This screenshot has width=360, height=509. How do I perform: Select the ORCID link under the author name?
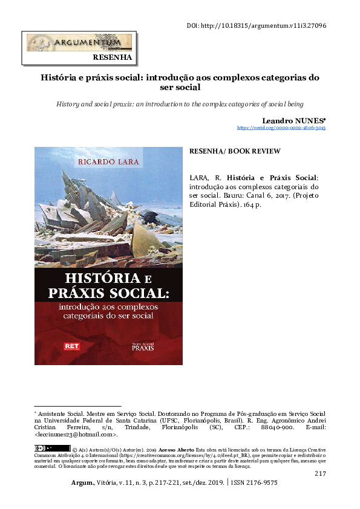(x=281, y=128)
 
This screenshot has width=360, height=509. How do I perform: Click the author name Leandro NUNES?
(x=294, y=120)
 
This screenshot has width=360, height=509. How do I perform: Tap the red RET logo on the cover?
(x=72, y=347)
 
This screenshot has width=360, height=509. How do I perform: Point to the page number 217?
(x=320, y=473)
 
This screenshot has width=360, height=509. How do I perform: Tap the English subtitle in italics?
(x=180, y=104)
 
